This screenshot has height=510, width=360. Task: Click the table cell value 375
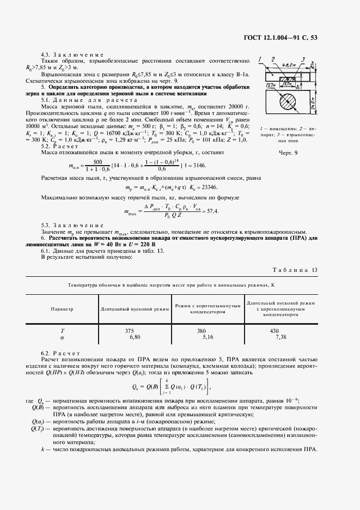tap(129, 331)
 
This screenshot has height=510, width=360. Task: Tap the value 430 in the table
tap(274, 331)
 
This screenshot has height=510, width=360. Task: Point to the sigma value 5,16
tap(208, 337)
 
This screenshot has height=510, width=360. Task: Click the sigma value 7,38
tap(282, 337)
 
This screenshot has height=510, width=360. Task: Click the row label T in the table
tap(62, 331)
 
